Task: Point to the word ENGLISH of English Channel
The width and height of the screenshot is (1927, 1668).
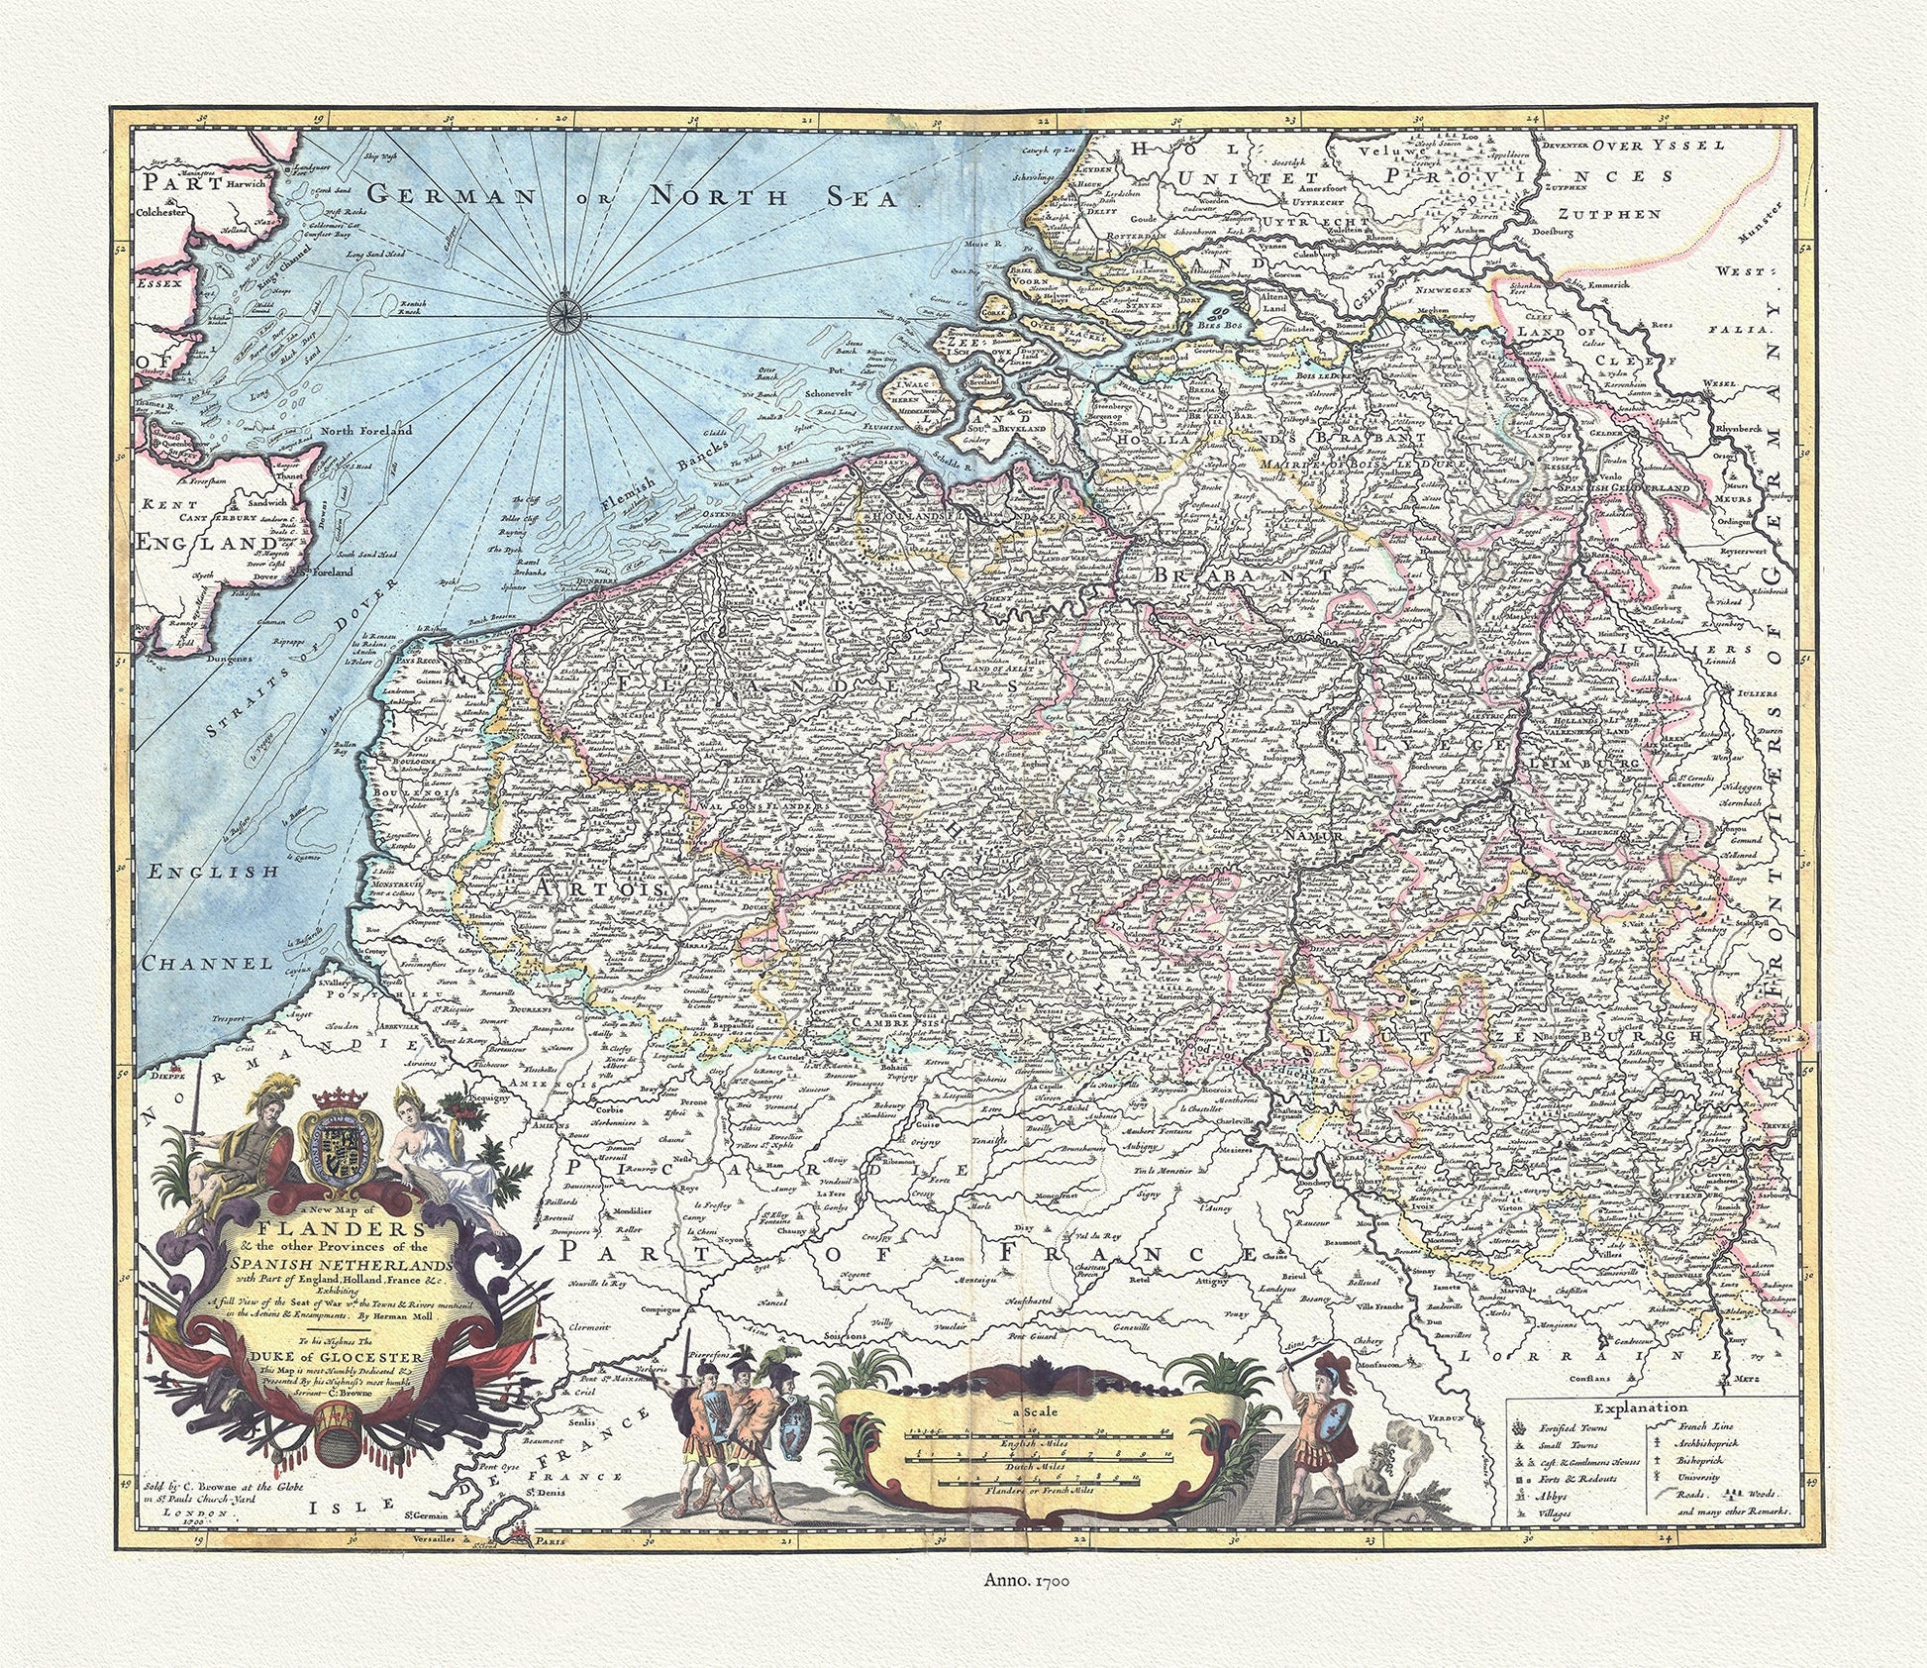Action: (212, 872)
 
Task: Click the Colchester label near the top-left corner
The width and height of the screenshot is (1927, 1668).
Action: (168, 211)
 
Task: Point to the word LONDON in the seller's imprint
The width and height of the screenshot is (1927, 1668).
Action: (202, 1515)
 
